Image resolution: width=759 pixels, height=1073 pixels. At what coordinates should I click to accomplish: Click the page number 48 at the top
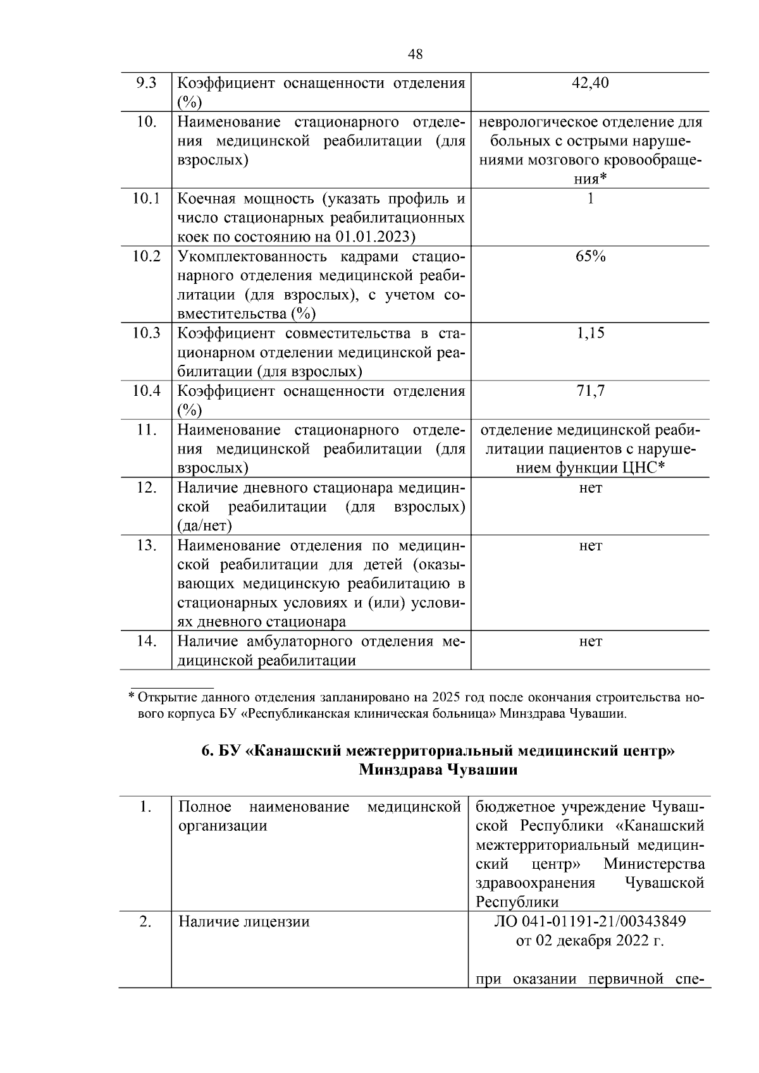point(416,54)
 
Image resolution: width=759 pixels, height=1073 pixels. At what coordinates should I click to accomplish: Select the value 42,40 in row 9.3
point(589,83)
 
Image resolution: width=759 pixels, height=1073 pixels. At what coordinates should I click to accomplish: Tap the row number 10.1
point(145,199)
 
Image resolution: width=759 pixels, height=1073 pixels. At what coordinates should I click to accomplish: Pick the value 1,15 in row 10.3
point(590,333)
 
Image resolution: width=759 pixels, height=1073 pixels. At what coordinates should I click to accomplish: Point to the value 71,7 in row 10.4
point(590,391)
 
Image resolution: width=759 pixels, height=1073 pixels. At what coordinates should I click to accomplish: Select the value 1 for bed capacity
point(590,199)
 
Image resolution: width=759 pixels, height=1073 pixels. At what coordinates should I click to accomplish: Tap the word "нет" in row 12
point(590,487)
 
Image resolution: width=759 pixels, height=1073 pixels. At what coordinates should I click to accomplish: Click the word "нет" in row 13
point(590,545)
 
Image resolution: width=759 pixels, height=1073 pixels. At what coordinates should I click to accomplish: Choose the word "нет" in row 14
point(590,641)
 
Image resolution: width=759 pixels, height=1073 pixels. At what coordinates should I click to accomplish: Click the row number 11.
point(145,429)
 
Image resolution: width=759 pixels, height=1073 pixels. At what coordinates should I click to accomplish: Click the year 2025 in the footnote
point(447,698)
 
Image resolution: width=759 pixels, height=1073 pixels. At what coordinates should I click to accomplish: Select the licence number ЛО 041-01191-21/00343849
point(589,921)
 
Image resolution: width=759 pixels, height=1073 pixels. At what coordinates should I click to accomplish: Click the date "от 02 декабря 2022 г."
point(589,941)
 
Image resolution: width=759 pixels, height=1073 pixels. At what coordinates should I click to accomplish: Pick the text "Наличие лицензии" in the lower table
point(244,921)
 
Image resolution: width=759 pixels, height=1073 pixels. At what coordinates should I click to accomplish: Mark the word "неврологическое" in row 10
point(537,121)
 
